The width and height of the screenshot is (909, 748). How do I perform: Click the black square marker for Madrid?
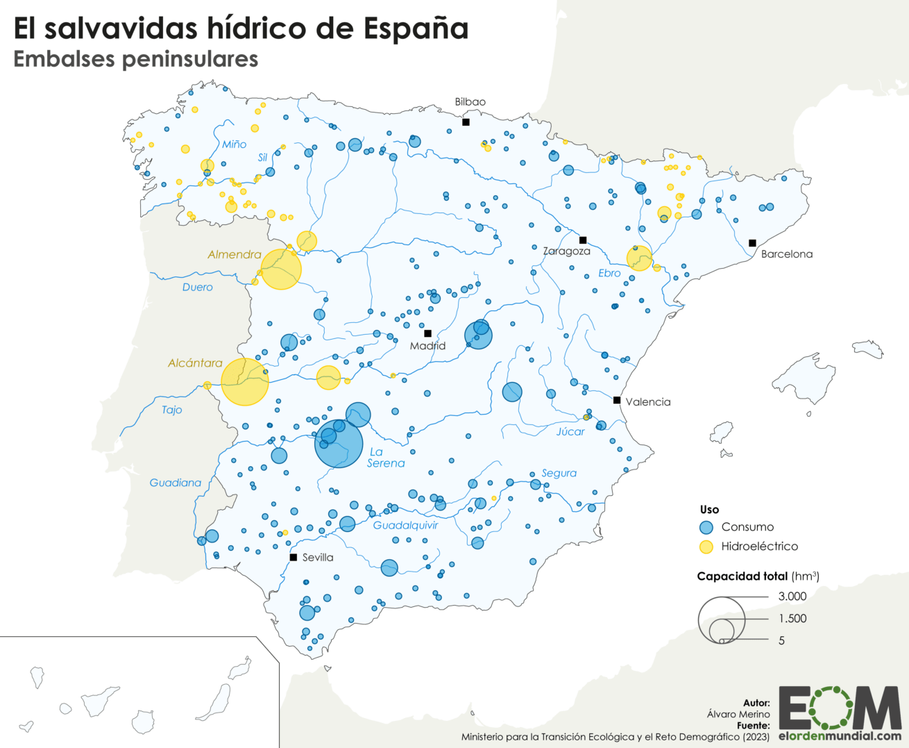(x=427, y=333)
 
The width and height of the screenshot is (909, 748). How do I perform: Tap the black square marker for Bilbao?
(x=466, y=122)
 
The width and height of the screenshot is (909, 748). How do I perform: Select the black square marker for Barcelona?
(x=752, y=243)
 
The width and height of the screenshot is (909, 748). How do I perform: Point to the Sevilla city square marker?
(x=294, y=557)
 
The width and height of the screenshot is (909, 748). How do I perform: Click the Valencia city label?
(x=647, y=401)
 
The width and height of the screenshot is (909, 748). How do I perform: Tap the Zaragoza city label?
(x=566, y=251)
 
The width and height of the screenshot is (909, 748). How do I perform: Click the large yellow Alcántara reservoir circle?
(x=245, y=382)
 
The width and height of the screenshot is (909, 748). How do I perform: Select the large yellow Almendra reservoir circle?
(x=281, y=269)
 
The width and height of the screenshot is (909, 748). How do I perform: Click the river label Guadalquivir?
(x=405, y=525)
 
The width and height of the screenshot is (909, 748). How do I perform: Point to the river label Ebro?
(x=609, y=273)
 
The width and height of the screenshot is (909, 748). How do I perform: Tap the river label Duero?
(x=197, y=287)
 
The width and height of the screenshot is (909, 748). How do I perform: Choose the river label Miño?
(x=234, y=144)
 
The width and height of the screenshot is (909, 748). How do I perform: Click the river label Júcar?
(x=570, y=431)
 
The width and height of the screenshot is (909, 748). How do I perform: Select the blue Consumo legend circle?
(x=706, y=527)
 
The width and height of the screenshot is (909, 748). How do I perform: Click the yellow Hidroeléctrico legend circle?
(x=706, y=547)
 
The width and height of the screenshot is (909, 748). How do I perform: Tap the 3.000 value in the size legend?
(x=792, y=596)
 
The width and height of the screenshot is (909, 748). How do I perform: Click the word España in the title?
(x=416, y=28)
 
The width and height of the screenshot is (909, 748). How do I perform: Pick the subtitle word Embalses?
(x=64, y=59)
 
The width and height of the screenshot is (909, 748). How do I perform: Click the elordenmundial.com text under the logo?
(x=840, y=735)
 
